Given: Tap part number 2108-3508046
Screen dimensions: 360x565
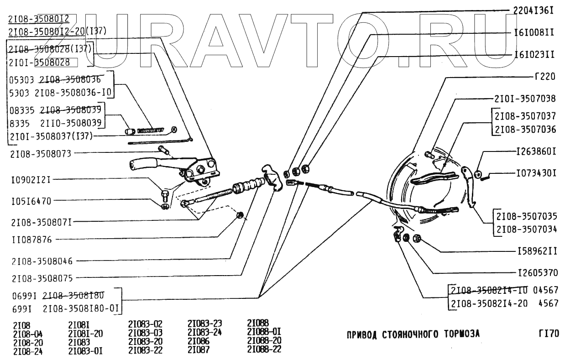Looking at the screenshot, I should coord(42,261).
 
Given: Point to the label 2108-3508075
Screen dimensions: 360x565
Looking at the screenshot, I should coord(42,277).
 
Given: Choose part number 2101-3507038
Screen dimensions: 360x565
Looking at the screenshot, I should coord(525,98).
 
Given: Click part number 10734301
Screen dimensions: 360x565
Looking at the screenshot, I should coord(536,174).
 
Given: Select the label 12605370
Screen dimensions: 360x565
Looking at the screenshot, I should coord(538,274).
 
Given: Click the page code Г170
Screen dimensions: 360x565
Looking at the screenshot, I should coord(548,334).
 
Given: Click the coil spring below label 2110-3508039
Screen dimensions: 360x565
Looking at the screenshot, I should coord(150,130).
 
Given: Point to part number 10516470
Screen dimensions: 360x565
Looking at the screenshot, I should coord(31,200).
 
